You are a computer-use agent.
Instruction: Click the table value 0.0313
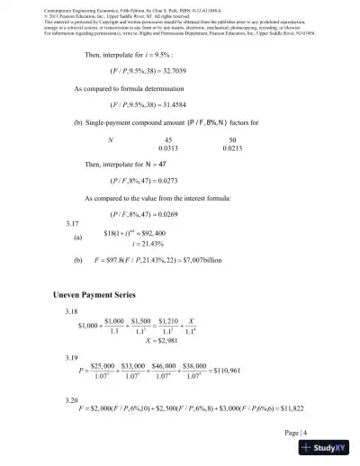[x=166, y=149]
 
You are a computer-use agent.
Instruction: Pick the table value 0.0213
[x=232, y=149]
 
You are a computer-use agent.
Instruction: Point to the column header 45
[x=166, y=140]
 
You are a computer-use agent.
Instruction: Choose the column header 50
[x=232, y=140]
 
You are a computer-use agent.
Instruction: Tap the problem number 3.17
[x=61, y=222]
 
